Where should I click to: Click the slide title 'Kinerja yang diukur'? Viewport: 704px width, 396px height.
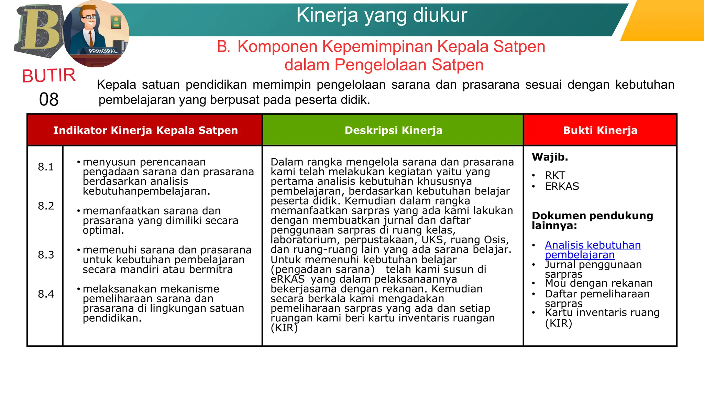tap(382, 15)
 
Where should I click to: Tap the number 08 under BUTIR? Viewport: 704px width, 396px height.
tap(49, 100)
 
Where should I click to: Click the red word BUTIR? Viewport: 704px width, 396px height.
tap(49, 76)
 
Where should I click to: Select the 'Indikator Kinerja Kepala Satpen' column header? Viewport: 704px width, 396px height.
tap(145, 130)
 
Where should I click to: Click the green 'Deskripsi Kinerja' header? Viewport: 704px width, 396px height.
tap(393, 130)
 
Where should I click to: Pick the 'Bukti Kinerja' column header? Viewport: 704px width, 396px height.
tap(600, 130)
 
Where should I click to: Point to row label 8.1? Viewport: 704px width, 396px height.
tap(46, 167)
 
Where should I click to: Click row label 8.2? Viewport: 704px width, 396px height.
tap(46, 206)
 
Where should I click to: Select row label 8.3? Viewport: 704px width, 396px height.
tap(46, 255)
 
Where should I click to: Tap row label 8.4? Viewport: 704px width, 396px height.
tap(46, 294)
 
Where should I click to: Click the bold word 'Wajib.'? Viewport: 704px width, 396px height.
tap(550, 157)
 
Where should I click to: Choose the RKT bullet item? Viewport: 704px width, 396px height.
tap(555, 175)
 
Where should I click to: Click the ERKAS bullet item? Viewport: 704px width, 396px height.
tap(562, 186)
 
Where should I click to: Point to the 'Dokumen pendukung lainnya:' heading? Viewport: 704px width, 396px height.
tap(592, 220)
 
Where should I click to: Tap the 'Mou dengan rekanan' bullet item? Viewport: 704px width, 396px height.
tap(598, 283)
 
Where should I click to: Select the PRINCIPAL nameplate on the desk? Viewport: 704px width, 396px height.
tap(102, 51)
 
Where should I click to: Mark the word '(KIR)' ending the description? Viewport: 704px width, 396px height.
tap(284, 328)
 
